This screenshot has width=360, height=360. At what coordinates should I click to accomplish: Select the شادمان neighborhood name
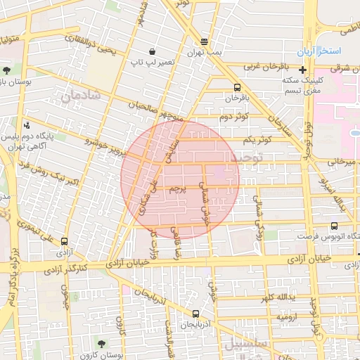point(80,98)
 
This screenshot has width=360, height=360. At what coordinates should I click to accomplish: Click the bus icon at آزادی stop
point(65,241)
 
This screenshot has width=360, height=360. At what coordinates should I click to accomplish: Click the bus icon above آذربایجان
point(195,314)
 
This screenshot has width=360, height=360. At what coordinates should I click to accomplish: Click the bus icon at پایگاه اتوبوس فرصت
point(333,226)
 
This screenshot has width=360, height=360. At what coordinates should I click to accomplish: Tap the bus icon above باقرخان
point(237,88)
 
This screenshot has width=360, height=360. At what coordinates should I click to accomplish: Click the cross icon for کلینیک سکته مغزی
point(302,70)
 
